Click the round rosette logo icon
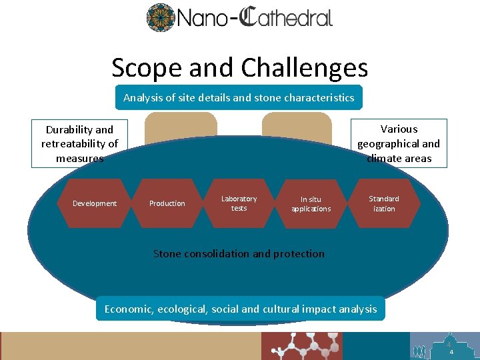tap(160, 17)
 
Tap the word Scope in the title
tap(145, 67)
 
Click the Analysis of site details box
tap(239, 97)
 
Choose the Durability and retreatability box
tap(80, 143)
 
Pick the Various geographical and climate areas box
tap(399, 143)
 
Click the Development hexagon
tap(95, 203)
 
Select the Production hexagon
tap(167, 203)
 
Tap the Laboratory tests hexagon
tap(239, 203)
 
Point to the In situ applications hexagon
tap(311, 203)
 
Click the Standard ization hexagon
tap(384, 203)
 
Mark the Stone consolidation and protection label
tap(239, 253)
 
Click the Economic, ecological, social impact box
tap(241, 309)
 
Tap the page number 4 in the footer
tap(451, 351)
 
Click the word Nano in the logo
tap(200, 17)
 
